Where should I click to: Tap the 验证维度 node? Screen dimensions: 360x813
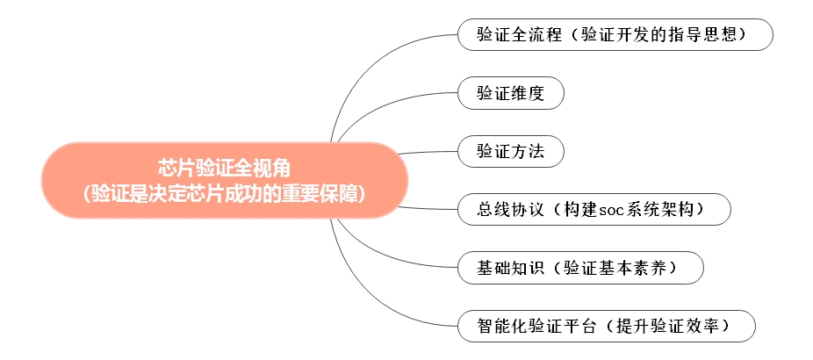coord(510,93)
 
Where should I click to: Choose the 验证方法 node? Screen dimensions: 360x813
coord(510,151)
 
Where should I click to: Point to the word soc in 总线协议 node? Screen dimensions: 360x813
coord(615,210)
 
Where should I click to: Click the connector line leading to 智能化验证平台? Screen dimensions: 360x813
coord(373,303)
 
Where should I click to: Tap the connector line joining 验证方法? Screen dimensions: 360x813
coord(430,152)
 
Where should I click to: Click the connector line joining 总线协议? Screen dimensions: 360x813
coord(430,208)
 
